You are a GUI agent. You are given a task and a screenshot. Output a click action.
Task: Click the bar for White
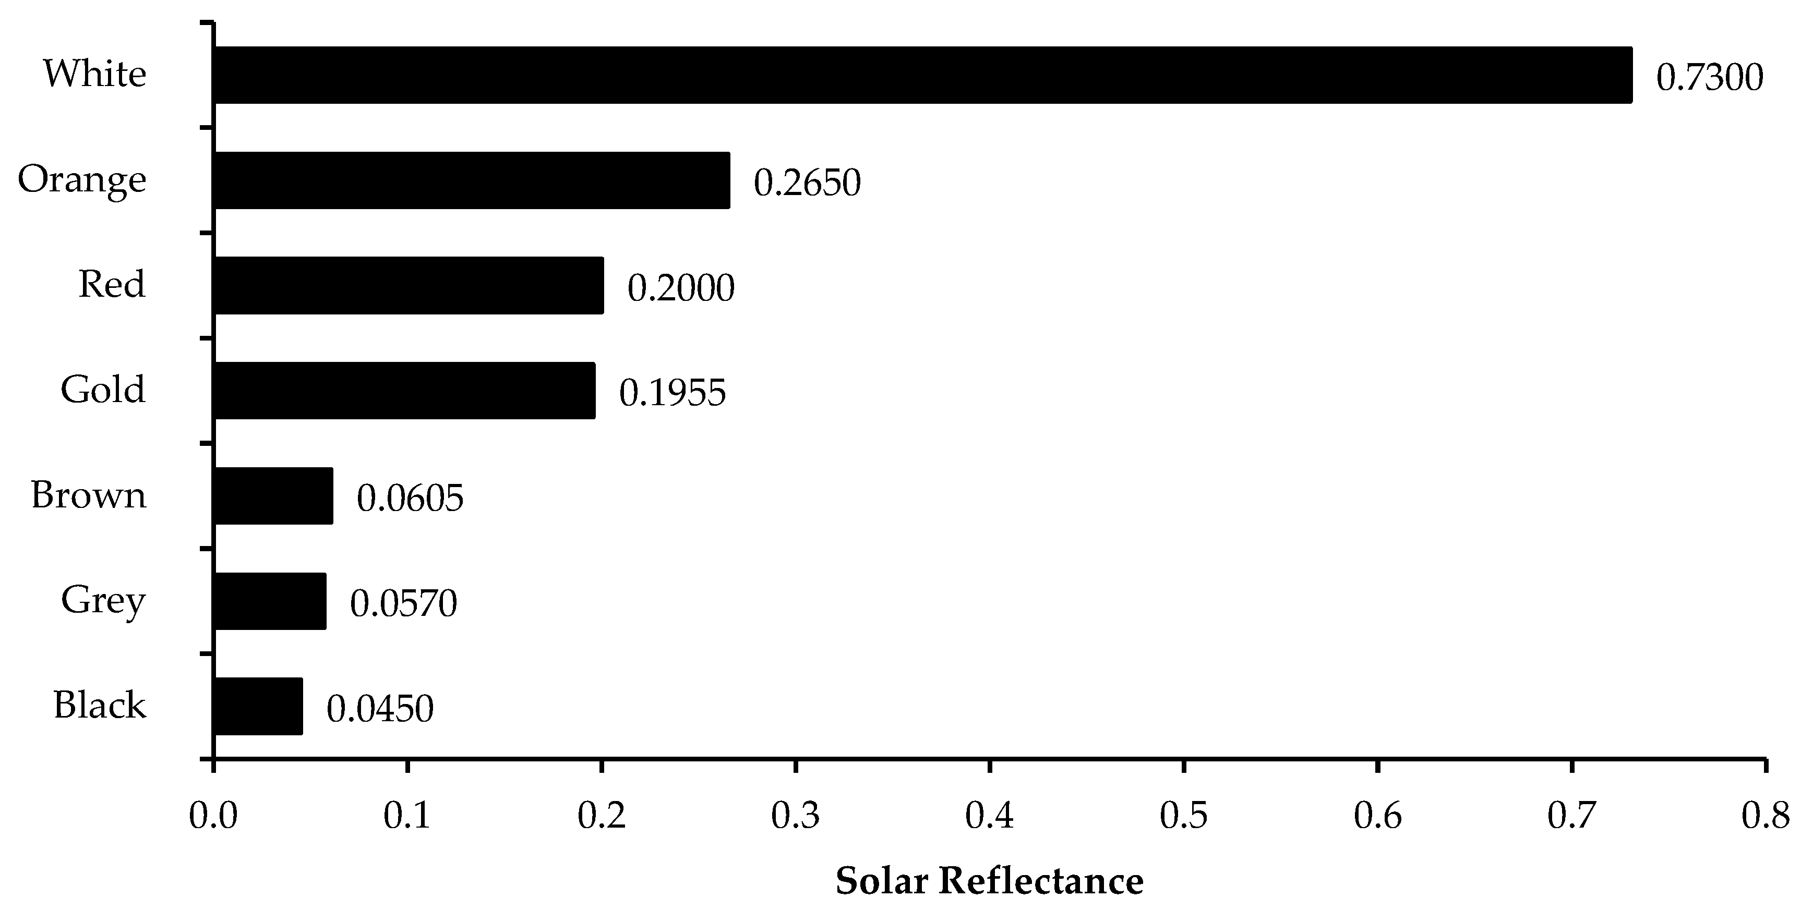[923, 76]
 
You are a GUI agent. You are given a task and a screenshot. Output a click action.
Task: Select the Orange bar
[472, 180]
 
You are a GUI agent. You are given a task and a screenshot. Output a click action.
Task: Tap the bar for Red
[409, 285]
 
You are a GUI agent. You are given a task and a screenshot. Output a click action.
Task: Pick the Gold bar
[405, 391]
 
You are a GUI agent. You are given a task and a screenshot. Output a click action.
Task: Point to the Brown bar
[273, 495]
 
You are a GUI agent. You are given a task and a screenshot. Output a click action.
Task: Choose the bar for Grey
[270, 601]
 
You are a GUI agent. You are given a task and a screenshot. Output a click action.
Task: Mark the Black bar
[258, 706]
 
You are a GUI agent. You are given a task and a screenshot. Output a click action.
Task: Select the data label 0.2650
[807, 183]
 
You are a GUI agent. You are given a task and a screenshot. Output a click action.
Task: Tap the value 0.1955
[673, 393]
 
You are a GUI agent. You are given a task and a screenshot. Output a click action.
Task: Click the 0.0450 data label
[380, 709]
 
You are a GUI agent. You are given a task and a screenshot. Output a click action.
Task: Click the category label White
[95, 74]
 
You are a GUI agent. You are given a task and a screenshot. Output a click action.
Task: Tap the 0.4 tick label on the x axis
[989, 816]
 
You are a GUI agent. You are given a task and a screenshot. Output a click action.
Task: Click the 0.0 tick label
[213, 816]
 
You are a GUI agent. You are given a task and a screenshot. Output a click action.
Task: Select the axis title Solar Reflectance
[989, 881]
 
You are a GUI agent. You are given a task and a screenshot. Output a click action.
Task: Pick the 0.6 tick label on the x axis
[1377, 816]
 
